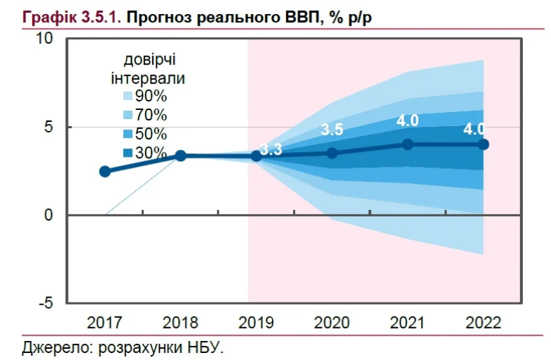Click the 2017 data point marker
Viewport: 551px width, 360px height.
click(105, 172)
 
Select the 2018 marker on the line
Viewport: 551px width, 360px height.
click(180, 155)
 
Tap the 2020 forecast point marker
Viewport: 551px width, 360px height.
click(332, 153)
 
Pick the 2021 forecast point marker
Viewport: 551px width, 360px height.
click(408, 144)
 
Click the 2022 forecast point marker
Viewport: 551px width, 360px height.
click(484, 144)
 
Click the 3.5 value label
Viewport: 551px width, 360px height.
click(332, 130)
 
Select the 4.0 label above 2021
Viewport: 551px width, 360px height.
click(408, 120)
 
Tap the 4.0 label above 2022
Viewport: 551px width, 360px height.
click(477, 129)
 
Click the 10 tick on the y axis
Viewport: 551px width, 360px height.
click(45, 39)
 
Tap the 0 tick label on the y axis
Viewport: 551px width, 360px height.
click(49, 215)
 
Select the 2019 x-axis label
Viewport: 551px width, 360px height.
click(257, 323)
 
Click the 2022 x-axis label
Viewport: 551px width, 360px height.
click(484, 323)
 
